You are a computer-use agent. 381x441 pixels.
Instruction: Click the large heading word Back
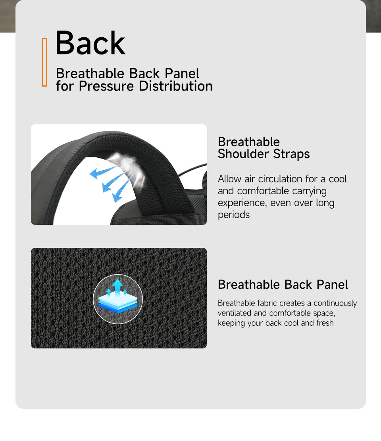coord(90,43)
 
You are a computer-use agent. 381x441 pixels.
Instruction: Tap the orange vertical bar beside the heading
coord(44,62)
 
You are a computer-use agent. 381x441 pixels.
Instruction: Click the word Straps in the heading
coord(292,154)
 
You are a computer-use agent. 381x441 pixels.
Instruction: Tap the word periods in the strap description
coord(234,215)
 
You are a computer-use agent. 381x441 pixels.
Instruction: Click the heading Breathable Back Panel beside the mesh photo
coord(283,284)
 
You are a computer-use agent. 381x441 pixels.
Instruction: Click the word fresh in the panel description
coord(325,323)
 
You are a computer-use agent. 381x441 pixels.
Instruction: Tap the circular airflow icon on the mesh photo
coord(118,299)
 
